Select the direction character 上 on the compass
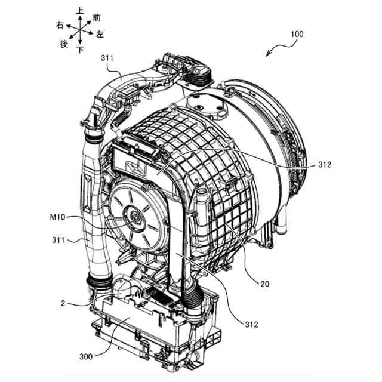click(80, 10)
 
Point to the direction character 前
click(97, 18)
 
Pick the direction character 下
click(80, 50)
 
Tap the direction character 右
click(60, 25)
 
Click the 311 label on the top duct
click(108, 58)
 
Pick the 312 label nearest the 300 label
click(251, 324)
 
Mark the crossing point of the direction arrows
click(80, 30)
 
